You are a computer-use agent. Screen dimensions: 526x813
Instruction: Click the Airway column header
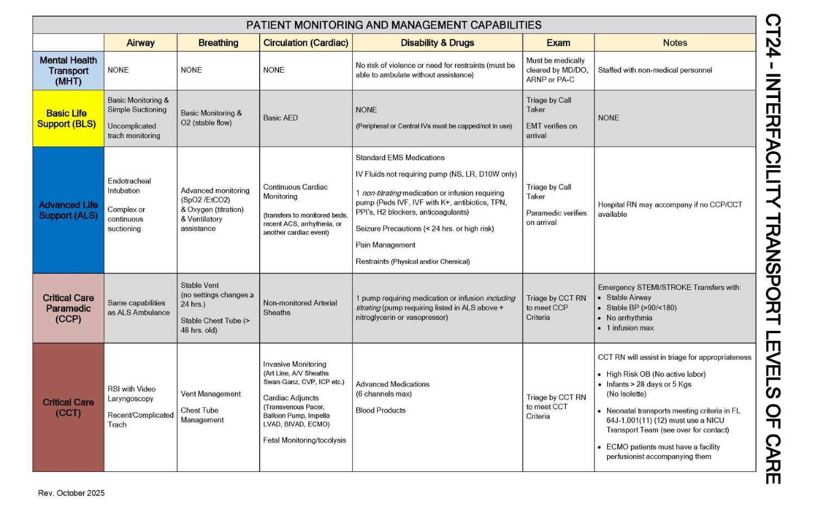click(x=140, y=43)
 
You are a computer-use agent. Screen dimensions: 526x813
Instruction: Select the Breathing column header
click(x=218, y=43)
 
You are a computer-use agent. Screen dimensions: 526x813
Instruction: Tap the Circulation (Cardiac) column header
click(x=306, y=43)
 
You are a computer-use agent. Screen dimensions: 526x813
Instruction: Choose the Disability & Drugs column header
click(x=437, y=43)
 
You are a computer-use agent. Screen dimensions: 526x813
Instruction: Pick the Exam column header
click(x=558, y=43)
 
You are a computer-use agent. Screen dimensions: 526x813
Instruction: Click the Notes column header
click(x=675, y=43)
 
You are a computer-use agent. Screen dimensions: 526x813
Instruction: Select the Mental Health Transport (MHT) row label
click(x=68, y=71)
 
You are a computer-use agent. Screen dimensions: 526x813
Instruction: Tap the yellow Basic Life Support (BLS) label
click(x=67, y=119)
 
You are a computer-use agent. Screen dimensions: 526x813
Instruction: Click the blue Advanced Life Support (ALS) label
click(x=68, y=210)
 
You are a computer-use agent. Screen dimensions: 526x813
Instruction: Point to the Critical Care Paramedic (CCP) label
click(x=68, y=308)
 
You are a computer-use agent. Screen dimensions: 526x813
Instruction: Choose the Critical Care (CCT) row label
click(x=68, y=407)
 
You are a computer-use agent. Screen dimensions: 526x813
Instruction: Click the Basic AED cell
click(x=280, y=118)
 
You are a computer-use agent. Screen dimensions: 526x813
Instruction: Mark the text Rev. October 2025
click(x=72, y=493)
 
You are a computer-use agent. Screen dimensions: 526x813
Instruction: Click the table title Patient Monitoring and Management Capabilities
click(x=394, y=25)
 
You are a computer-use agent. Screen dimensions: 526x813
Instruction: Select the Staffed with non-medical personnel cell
click(x=655, y=70)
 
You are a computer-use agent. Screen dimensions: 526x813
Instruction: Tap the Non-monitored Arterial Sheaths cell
click(x=300, y=308)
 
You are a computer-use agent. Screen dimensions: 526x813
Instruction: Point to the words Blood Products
click(x=380, y=410)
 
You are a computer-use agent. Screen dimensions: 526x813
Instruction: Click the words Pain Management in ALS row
click(x=385, y=245)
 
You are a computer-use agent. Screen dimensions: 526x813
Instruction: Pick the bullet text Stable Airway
click(x=629, y=297)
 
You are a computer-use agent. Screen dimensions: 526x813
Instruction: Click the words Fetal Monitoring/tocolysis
click(x=304, y=440)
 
